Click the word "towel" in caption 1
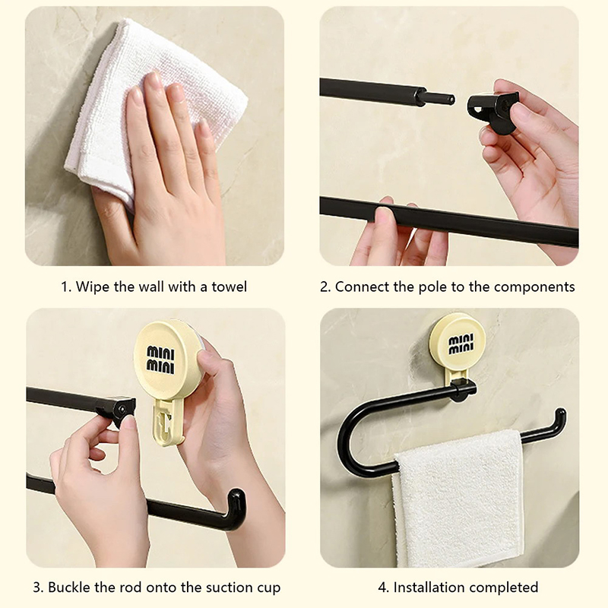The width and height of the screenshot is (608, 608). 230,287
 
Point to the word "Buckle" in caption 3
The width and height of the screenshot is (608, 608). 69,587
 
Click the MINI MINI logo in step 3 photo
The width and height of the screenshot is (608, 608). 160,359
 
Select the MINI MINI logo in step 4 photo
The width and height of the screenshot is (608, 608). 461,344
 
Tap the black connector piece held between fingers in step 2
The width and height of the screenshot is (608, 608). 492,110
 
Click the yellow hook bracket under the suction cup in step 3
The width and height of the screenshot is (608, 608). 167,422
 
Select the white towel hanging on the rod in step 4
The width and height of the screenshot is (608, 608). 457,499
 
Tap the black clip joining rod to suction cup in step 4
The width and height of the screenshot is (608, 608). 464,391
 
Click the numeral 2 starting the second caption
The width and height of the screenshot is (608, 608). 325,287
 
